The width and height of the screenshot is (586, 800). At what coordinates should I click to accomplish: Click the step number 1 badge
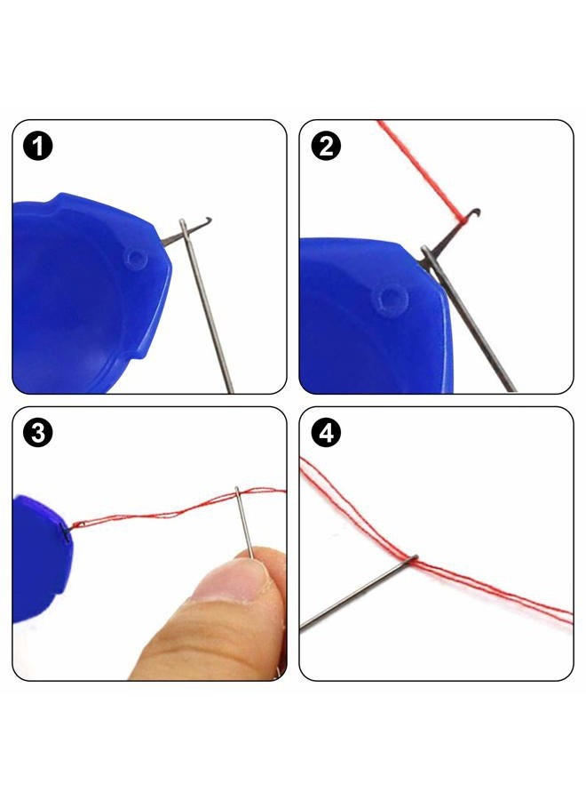click(x=37, y=147)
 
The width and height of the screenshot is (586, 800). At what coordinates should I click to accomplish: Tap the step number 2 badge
click(x=326, y=147)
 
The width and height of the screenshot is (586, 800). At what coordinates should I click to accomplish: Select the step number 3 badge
click(x=37, y=433)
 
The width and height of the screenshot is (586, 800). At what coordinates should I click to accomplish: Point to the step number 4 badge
click(x=326, y=433)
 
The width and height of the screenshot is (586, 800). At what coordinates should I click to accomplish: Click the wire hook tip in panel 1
click(x=209, y=220)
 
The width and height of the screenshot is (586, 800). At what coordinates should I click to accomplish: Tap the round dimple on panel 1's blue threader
click(x=137, y=259)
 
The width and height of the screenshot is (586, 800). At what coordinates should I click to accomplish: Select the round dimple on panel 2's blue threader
click(x=391, y=299)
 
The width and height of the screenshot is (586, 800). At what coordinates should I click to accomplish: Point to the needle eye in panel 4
click(x=412, y=559)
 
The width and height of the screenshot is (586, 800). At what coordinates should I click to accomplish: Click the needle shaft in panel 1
click(x=206, y=306)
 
